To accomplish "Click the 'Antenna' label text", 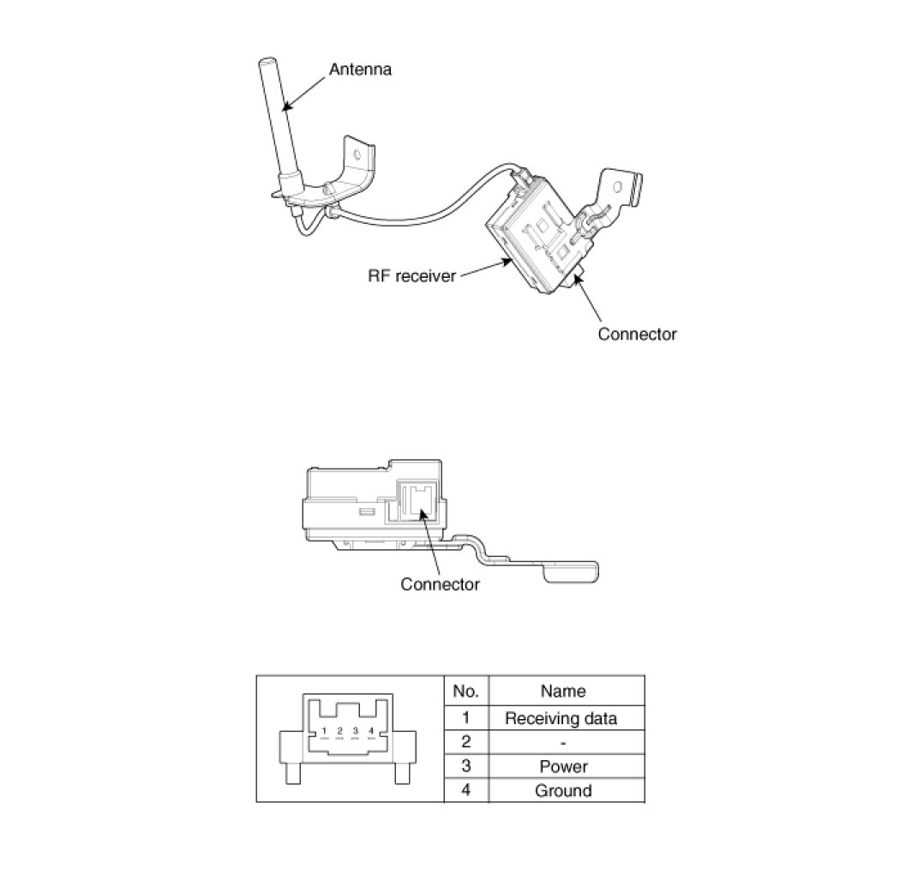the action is point(360,69).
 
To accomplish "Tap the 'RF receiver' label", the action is point(411,276).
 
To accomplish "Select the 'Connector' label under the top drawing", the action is point(637,334).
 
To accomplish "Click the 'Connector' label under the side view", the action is point(440,584).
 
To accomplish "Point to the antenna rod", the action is point(278,120).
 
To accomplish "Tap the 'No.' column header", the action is point(465,691).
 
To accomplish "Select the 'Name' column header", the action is point(563,691).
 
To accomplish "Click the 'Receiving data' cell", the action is point(561,718).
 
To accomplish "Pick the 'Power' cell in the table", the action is point(563,766).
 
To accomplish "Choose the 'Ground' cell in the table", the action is point(563,790).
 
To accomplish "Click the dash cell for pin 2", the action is point(563,742).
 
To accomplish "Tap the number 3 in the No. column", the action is point(465,766).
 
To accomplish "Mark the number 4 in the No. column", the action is point(465,790).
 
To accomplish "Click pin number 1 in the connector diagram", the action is point(324,731).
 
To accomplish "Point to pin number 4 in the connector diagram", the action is point(370,731).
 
